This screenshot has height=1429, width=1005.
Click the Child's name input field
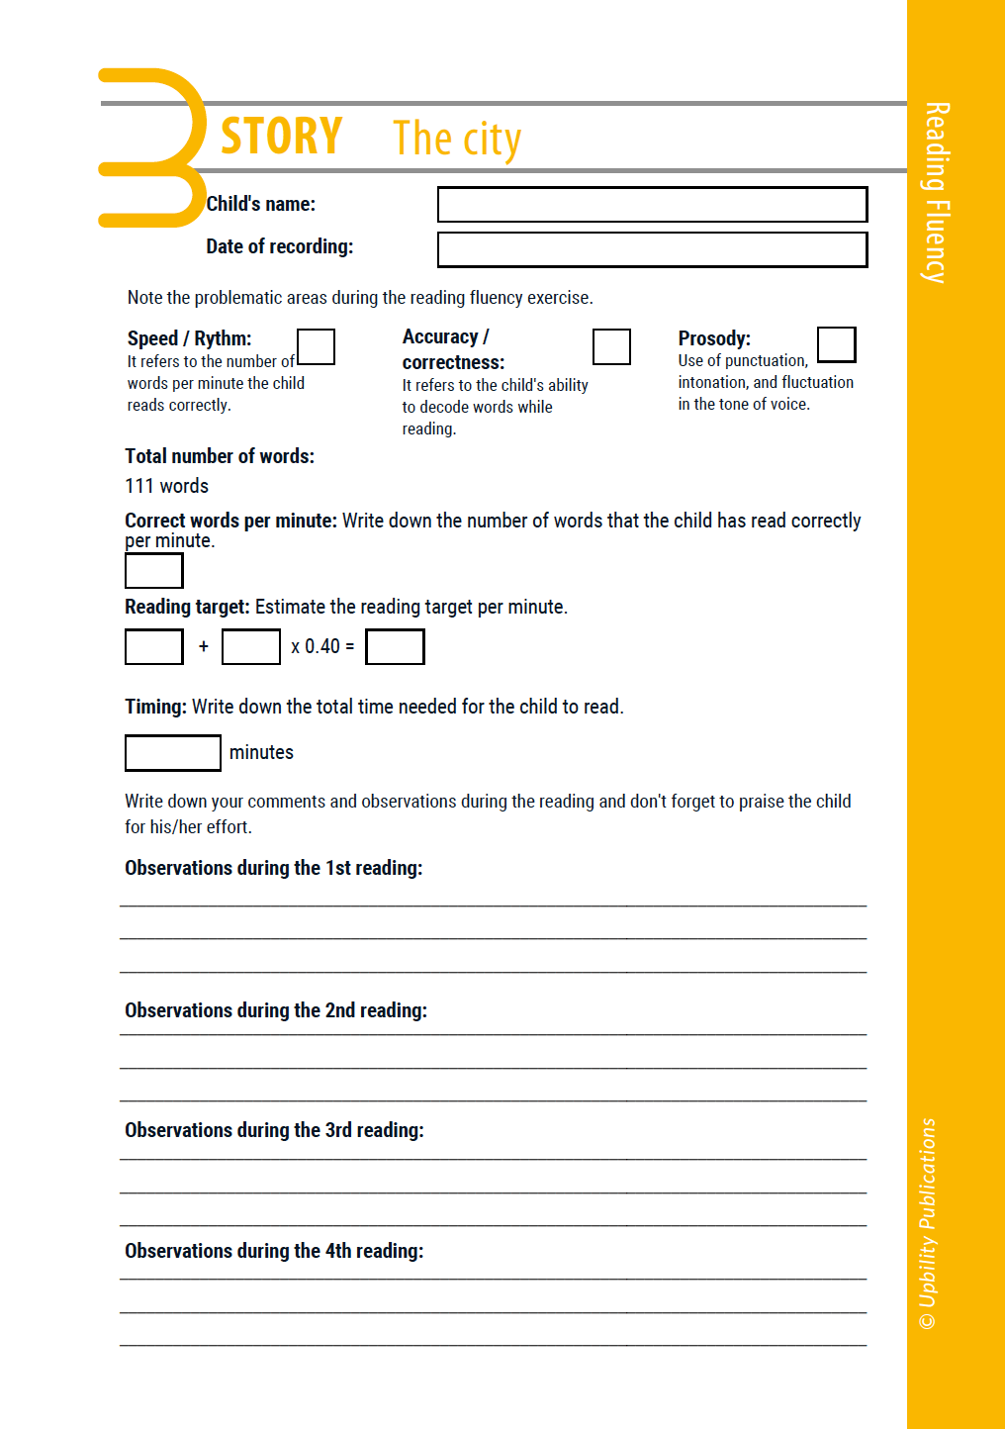tap(652, 205)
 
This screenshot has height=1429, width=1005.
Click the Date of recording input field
tap(652, 249)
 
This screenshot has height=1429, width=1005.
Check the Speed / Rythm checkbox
tap(317, 347)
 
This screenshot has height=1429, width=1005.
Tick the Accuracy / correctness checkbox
tap(611, 347)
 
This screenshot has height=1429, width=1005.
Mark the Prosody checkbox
tap(836, 344)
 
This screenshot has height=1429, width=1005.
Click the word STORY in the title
tap(282, 137)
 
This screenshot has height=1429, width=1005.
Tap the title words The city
tap(457, 140)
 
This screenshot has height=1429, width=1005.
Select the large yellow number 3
tap(153, 147)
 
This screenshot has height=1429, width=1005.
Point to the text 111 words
tap(167, 486)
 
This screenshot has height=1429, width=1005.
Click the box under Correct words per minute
tap(154, 571)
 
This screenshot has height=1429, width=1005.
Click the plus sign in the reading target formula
tap(204, 646)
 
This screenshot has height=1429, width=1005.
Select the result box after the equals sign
tap(395, 647)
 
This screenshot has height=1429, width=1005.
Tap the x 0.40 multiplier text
tap(317, 646)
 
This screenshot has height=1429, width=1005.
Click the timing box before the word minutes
tap(173, 752)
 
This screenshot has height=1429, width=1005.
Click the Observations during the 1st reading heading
tap(274, 868)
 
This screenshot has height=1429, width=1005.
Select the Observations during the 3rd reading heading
tap(274, 1130)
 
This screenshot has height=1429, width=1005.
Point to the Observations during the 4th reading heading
tap(274, 1251)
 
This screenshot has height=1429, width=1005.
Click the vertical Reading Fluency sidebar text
tap(936, 193)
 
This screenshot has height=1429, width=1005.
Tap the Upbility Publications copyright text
tap(927, 1223)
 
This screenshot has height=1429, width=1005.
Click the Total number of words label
tap(220, 456)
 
